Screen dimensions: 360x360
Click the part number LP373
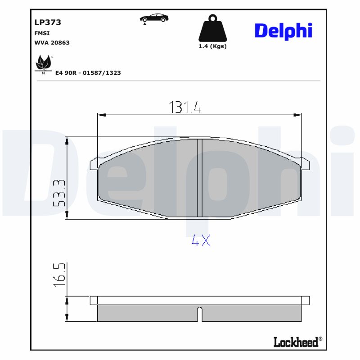(48, 22)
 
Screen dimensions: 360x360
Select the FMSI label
(42, 33)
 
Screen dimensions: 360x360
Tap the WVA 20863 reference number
(52, 43)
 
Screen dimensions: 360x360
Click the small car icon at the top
(154, 18)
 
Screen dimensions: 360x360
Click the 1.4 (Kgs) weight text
(212, 46)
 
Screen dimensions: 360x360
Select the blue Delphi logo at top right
(283, 31)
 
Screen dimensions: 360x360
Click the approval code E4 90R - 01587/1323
(88, 72)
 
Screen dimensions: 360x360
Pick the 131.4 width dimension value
(185, 107)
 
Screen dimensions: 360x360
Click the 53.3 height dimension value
(59, 193)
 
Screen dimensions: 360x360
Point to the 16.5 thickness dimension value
(59, 275)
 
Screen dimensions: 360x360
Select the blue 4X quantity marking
(201, 241)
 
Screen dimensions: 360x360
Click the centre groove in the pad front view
(200, 178)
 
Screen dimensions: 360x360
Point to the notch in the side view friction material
(200, 311)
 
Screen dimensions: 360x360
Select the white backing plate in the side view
(200, 300)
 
